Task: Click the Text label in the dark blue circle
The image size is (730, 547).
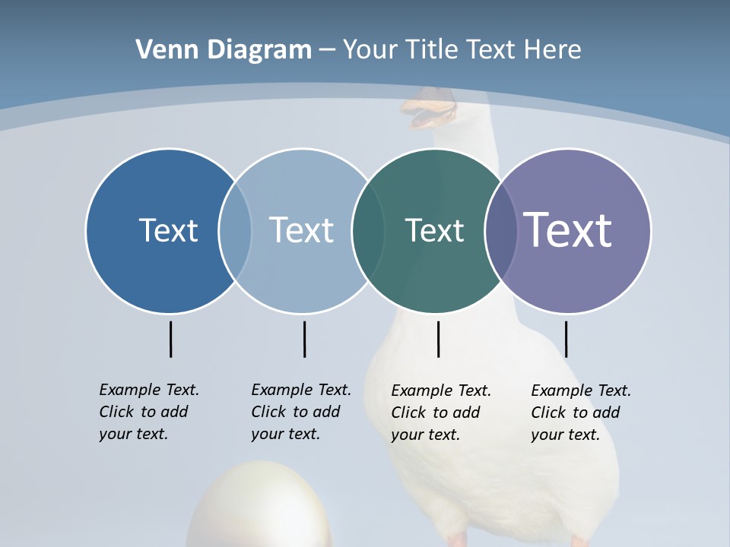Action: [168, 230]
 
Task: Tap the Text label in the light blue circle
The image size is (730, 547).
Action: [302, 230]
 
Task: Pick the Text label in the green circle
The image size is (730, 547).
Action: [434, 230]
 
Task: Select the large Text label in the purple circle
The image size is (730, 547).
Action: [568, 229]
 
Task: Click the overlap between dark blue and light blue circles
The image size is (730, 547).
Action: [235, 231]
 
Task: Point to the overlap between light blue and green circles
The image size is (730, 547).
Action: [368, 231]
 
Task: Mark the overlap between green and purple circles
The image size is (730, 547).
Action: [500, 231]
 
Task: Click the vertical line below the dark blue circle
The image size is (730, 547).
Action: [170, 339]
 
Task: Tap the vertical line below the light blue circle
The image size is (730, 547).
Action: [304, 339]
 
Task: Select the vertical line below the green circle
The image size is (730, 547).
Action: [438, 339]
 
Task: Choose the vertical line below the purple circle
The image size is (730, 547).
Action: [566, 339]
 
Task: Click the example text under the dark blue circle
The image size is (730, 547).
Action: [148, 412]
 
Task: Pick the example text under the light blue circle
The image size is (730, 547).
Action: [300, 412]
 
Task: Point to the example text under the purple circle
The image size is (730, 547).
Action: [580, 413]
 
